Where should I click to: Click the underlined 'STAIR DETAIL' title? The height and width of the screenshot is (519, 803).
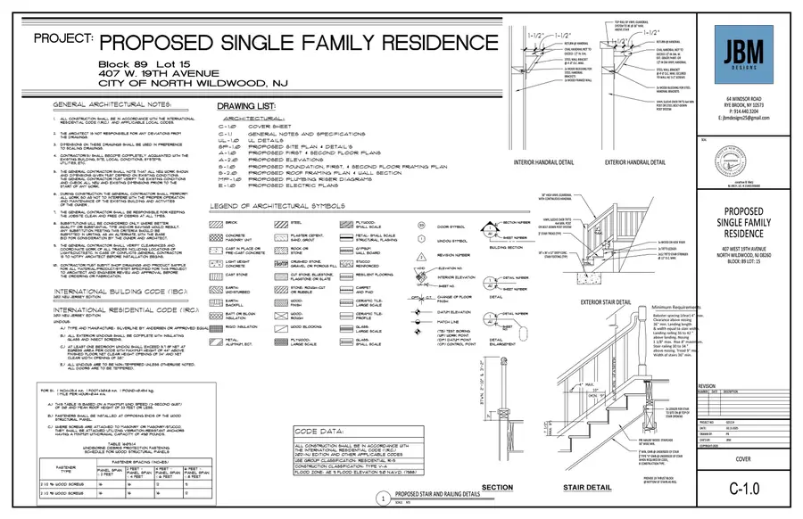coord(588,488)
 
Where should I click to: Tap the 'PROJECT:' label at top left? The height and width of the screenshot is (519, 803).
coord(63,40)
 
